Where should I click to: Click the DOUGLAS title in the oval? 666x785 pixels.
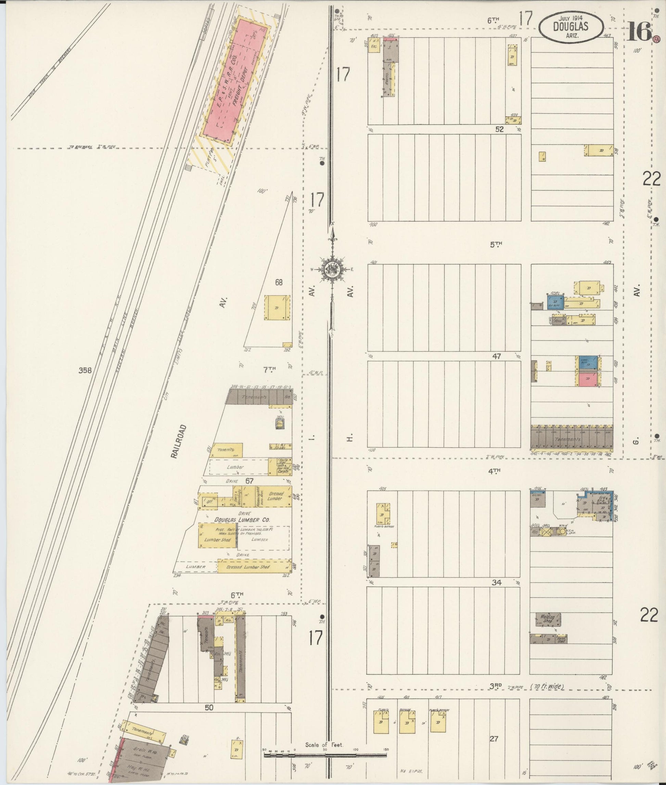(x=571, y=26)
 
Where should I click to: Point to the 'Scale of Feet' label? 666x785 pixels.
(x=324, y=745)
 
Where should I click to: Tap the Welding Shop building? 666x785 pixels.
(x=548, y=619)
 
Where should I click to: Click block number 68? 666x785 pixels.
(x=279, y=282)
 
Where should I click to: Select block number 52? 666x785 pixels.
(x=500, y=129)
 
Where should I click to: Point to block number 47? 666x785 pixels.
(x=497, y=356)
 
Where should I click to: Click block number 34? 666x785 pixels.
(x=497, y=583)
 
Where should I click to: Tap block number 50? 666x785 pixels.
(x=209, y=708)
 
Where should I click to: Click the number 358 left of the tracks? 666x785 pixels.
(x=85, y=370)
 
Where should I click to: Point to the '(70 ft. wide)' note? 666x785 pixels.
(x=548, y=687)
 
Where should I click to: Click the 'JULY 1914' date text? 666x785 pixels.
(x=571, y=18)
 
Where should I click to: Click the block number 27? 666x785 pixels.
(x=494, y=739)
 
